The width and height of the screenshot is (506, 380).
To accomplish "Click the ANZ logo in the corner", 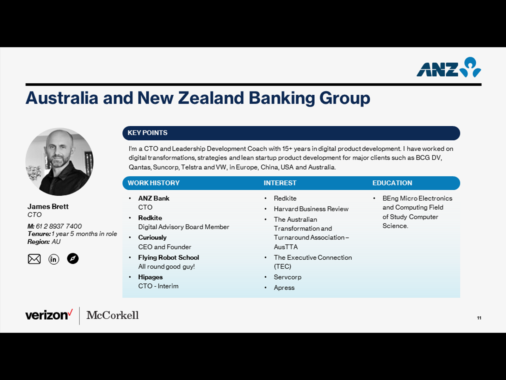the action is [x=448, y=67].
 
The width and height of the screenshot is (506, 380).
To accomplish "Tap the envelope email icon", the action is [x=34, y=259].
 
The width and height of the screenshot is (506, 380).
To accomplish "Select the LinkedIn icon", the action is [x=54, y=259].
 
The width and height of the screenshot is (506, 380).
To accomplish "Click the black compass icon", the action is [x=73, y=258].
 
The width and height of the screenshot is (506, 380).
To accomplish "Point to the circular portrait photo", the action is [x=59, y=162].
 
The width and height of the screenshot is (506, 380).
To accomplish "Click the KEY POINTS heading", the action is [x=148, y=133].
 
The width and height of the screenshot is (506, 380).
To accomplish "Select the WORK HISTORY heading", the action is [x=153, y=183].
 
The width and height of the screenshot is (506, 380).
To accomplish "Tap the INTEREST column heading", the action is [x=280, y=183].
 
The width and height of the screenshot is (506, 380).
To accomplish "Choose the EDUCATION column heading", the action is [x=392, y=183].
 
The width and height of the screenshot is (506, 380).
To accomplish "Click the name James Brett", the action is [x=48, y=206].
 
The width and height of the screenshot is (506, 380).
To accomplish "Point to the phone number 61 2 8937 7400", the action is [x=59, y=226].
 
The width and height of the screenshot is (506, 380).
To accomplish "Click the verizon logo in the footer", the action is [x=49, y=315].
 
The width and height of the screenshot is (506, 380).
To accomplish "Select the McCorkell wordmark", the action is [x=113, y=315].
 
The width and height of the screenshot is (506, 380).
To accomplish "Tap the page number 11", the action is [x=479, y=318].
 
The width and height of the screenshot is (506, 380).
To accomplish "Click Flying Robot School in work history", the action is [x=169, y=257].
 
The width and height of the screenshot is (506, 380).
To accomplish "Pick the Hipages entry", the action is [x=150, y=277].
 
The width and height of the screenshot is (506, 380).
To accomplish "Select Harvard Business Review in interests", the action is [x=311, y=209].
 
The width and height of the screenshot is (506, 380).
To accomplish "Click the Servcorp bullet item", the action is [x=287, y=277].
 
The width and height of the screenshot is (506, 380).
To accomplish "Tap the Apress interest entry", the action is [x=284, y=288].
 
